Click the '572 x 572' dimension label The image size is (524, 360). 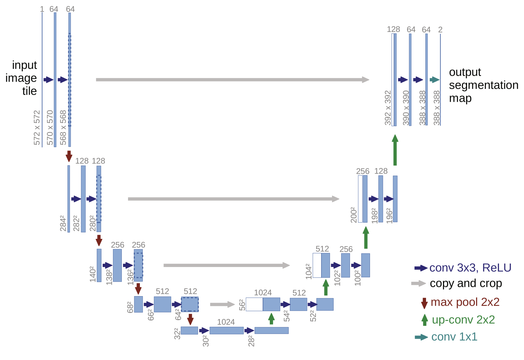37,128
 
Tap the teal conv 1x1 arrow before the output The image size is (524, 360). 434,80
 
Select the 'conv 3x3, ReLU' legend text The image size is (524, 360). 470,268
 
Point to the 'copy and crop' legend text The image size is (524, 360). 466,284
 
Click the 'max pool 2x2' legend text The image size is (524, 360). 465,302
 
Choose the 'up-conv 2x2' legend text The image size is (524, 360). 463,320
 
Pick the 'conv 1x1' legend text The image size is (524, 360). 454,337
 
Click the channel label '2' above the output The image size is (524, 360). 440,30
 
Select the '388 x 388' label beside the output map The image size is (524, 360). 437,108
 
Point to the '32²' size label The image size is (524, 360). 177,333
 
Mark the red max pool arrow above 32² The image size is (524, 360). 190,320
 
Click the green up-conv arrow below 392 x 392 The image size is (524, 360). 395,150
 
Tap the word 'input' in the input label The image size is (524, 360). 24,65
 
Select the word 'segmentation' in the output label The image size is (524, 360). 484,85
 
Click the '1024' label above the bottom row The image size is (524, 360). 226,322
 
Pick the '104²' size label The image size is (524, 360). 309,271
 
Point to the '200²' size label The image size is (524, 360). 354,215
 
